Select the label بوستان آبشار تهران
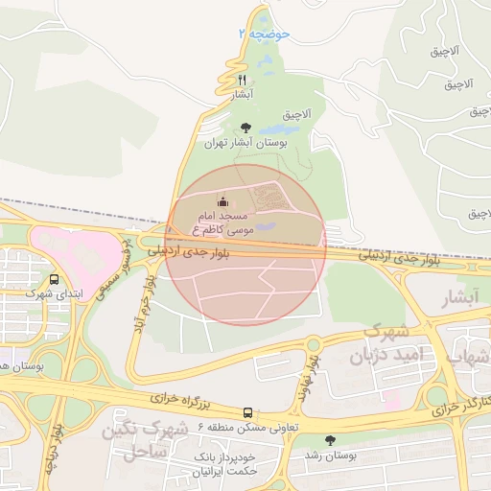click(x=246, y=143)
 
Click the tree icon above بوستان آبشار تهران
click(x=246, y=127)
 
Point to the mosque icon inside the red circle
click(x=223, y=201)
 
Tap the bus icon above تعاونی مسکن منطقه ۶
click(x=248, y=411)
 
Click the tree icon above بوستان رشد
click(x=331, y=440)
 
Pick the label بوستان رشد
click(x=332, y=456)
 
